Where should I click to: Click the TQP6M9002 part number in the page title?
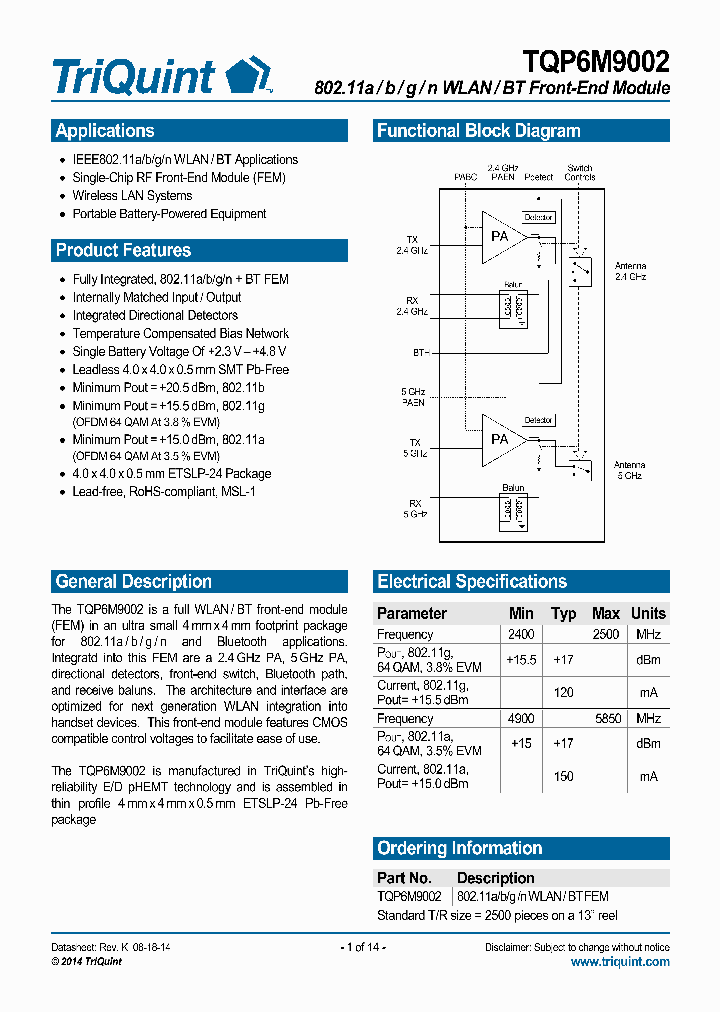point(596,62)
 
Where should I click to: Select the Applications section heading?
point(105,131)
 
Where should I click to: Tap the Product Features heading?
point(123,250)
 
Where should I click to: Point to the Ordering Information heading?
point(459,848)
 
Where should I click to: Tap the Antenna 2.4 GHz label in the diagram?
point(630,270)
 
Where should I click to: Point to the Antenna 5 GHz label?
point(630,470)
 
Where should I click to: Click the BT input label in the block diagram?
point(421,353)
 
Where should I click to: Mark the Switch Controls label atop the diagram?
point(580,172)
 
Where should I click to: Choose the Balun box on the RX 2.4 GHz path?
point(513,306)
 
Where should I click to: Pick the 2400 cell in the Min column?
point(521,634)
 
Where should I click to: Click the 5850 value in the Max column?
point(606,718)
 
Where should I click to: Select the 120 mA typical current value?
point(563,692)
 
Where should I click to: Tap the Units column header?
point(648,613)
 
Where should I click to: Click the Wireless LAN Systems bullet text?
point(132,196)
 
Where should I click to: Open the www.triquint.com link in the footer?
point(620,961)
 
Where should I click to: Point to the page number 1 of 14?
point(362,947)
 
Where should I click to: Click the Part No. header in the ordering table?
point(406,878)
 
